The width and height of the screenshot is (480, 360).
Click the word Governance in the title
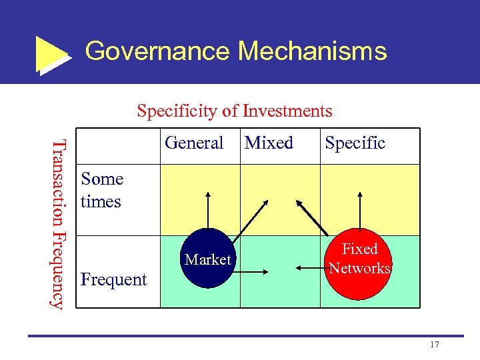[158, 51]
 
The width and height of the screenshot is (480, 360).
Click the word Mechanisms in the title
[312, 51]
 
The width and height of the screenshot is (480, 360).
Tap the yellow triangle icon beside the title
[51, 55]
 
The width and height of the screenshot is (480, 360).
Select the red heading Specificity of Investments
[234, 111]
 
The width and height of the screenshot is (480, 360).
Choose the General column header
[194, 143]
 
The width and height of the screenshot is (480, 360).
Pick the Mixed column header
[269, 143]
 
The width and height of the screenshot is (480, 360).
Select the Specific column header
[355, 143]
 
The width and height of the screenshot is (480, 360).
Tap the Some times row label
[102, 190]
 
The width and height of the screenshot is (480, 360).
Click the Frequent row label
[113, 279]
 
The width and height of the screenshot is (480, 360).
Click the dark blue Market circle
[208, 259]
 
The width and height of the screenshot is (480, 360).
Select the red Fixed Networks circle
[360, 259]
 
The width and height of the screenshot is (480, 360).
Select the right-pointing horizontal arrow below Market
[254, 271]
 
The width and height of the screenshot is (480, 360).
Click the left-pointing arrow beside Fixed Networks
[309, 268]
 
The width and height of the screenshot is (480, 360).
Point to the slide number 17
[435, 344]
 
